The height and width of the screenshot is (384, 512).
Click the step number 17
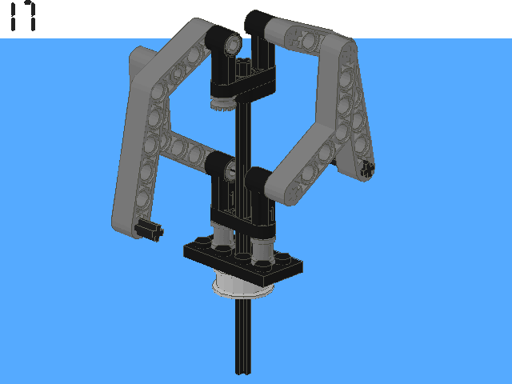coord(23,16)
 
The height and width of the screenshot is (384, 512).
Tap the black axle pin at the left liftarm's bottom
coord(150,230)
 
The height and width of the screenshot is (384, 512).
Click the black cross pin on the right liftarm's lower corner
coord(368,169)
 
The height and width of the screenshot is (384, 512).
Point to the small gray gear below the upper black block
coord(223,103)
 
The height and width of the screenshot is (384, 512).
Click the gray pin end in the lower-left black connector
coord(230,170)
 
